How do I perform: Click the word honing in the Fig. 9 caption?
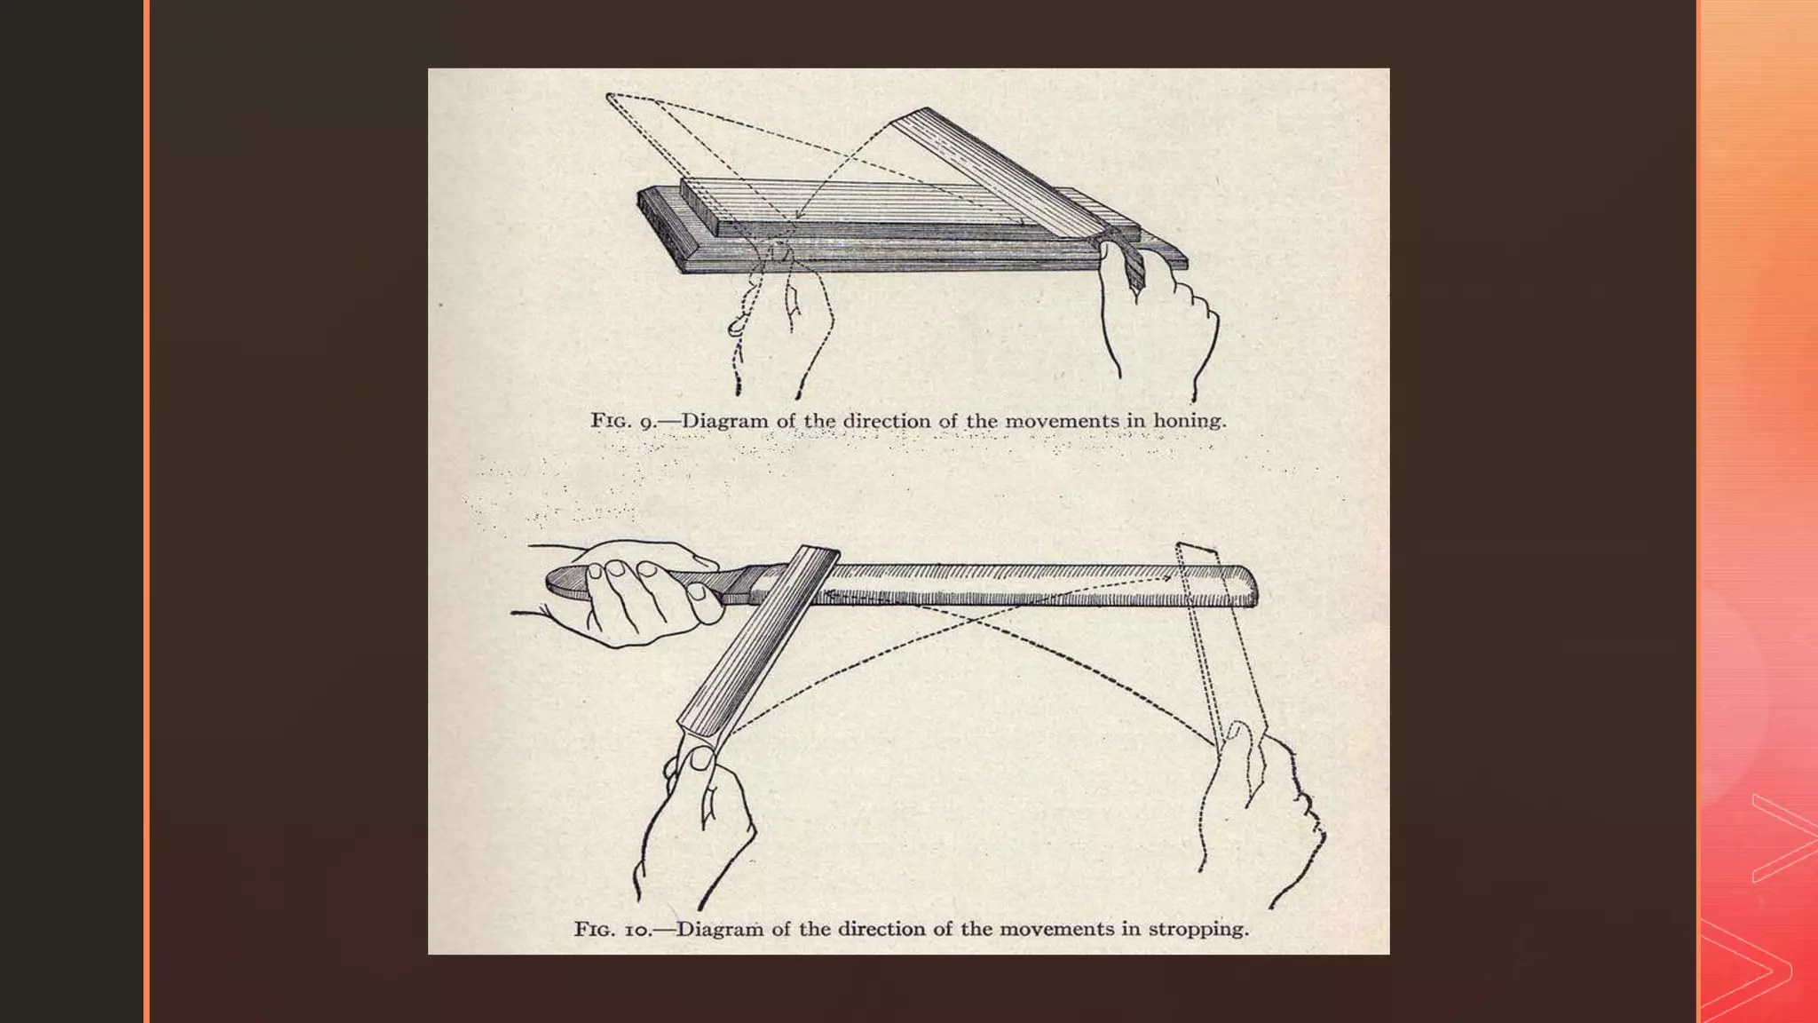coord(1189,421)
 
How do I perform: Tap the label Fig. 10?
coord(613,930)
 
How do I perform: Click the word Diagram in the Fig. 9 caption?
coord(724,421)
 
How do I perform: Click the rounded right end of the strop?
coord(1247,586)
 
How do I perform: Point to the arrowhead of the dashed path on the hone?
coord(798,215)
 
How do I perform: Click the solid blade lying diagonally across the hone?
coord(994,169)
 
